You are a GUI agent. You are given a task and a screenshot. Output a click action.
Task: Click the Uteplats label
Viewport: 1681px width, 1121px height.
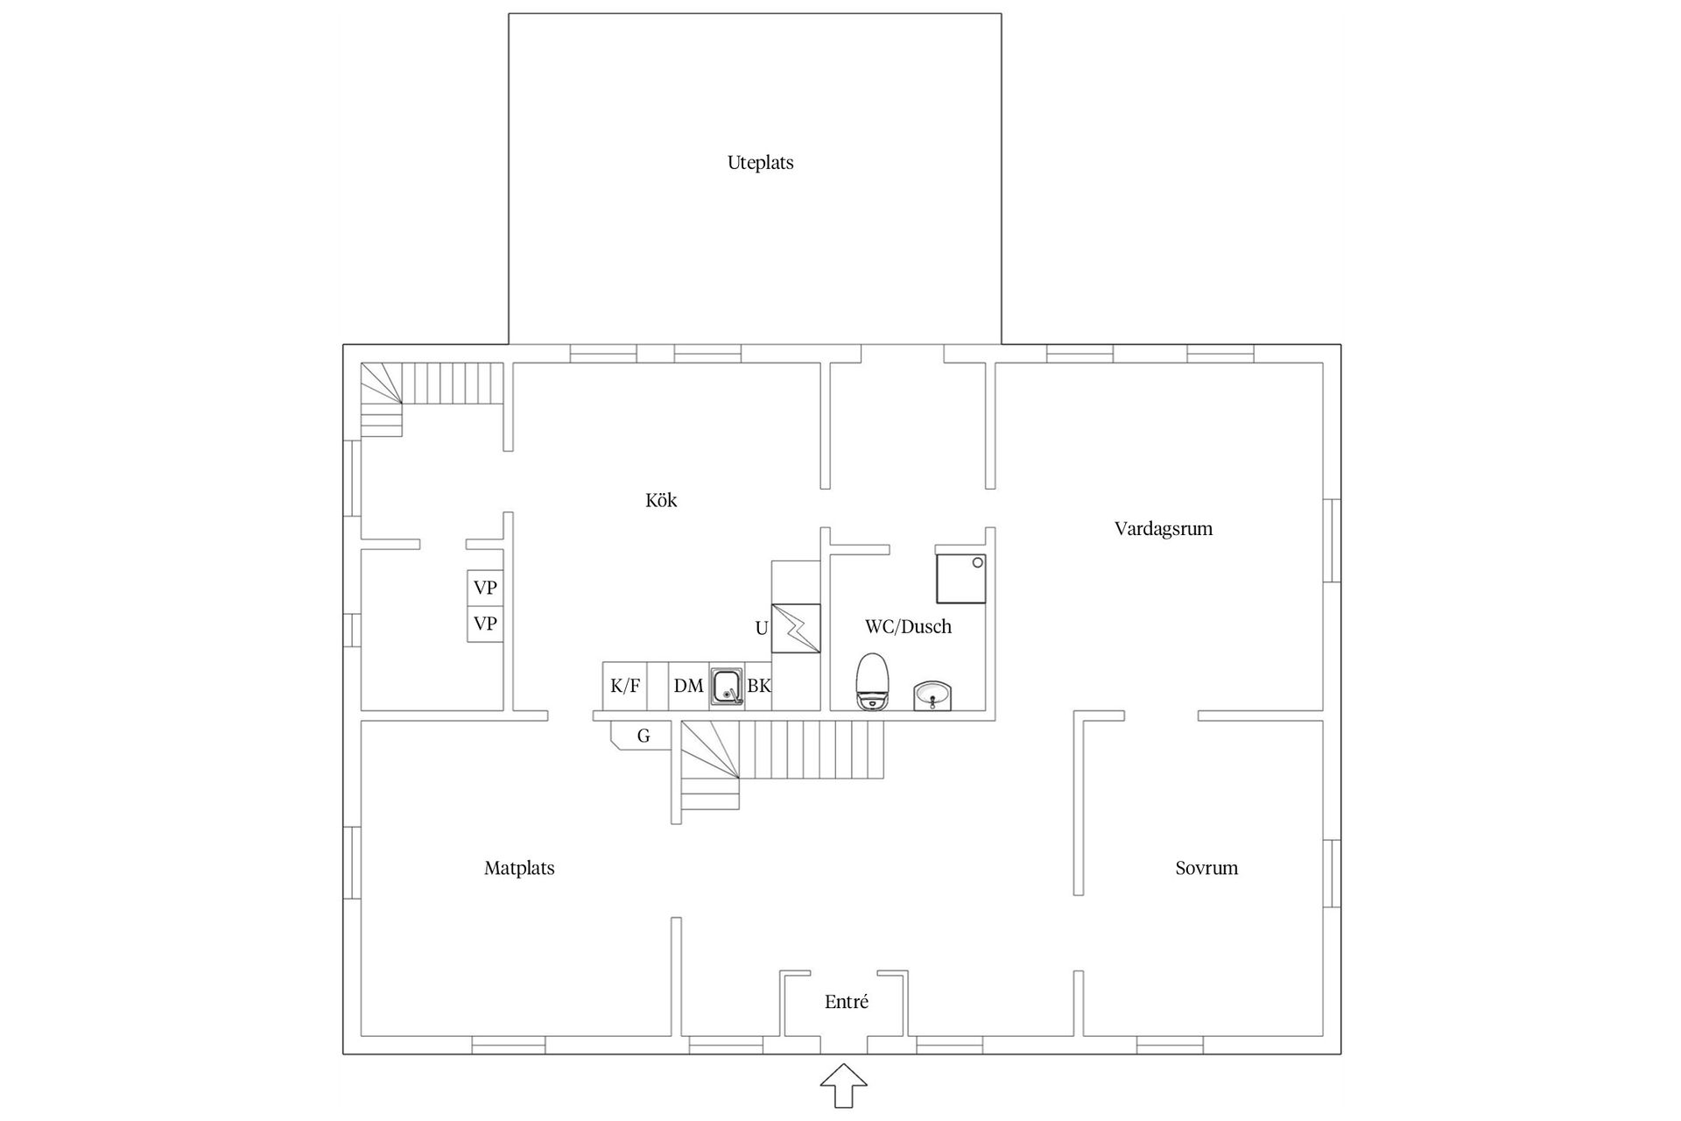760,163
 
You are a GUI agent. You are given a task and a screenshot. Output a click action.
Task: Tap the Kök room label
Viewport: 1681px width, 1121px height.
661,500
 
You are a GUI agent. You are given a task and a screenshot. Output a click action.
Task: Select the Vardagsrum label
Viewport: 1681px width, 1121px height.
1163,529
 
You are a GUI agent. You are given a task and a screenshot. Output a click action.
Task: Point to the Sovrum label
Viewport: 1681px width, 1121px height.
1206,868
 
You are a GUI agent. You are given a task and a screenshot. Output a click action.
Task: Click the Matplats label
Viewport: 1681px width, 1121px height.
519,868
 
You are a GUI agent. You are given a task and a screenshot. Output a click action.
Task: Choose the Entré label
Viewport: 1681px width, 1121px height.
846,1002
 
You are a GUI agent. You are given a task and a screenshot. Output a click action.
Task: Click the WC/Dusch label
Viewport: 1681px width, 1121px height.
908,626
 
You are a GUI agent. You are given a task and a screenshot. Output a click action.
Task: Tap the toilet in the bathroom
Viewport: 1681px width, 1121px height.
872,681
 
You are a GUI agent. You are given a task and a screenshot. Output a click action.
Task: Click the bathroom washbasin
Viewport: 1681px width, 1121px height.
932,696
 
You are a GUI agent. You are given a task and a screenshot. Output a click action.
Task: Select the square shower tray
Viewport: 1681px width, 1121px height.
961,578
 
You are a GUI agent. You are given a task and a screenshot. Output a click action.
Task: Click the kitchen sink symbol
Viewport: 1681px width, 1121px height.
727,687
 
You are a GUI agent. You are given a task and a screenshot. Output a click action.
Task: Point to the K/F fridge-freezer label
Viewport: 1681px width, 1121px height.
625,686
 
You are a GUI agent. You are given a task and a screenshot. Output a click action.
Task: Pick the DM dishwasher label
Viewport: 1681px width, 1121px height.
688,686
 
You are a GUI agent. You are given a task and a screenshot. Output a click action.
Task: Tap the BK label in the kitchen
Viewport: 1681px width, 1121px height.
759,686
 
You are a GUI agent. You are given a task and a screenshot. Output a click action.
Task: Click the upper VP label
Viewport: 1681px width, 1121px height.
485,588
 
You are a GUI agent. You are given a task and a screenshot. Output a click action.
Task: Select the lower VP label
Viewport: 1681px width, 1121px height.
485,624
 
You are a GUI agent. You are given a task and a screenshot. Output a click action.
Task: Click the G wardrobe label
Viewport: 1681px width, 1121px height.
644,737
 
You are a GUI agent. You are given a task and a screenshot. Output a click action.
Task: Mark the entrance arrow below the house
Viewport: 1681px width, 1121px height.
844,1086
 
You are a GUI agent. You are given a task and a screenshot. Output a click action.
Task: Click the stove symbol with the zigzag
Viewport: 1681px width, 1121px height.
796,628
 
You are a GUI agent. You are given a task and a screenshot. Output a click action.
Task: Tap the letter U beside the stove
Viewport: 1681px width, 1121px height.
762,628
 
